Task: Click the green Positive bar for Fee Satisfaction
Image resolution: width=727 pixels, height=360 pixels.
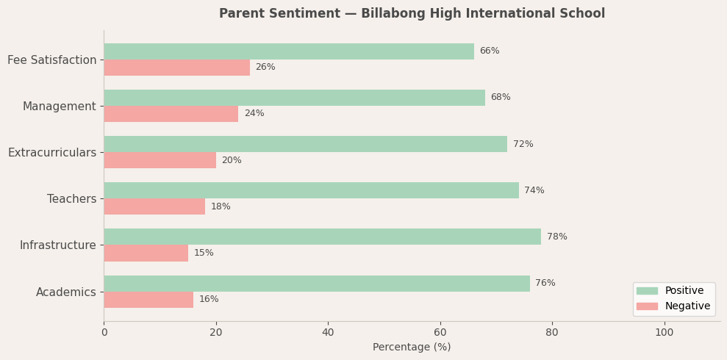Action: point(289,51)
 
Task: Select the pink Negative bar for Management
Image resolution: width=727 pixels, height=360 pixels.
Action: point(171,114)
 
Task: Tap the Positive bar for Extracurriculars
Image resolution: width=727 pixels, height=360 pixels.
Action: point(305,144)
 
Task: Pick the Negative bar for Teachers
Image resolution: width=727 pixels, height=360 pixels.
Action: point(154,206)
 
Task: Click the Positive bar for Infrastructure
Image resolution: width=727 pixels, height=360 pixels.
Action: point(322,237)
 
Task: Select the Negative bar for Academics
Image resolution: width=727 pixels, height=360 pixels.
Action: point(148,300)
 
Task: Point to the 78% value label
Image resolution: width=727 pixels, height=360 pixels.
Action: point(556,237)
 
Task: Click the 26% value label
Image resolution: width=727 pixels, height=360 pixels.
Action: point(265,68)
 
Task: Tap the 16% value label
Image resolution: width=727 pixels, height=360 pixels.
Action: point(209,300)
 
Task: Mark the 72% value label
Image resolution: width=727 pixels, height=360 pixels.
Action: point(523,144)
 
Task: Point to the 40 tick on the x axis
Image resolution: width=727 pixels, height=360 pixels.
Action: point(328,332)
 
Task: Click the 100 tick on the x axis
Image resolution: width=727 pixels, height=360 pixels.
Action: point(664,332)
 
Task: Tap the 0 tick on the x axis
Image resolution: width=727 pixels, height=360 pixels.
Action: point(104,332)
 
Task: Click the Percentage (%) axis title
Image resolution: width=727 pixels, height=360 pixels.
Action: point(412,348)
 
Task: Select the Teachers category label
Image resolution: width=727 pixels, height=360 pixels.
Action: point(71,199)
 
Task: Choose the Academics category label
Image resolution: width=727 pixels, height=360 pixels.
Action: point(66,292)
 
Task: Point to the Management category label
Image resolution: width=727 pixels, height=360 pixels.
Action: point(59,107)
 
